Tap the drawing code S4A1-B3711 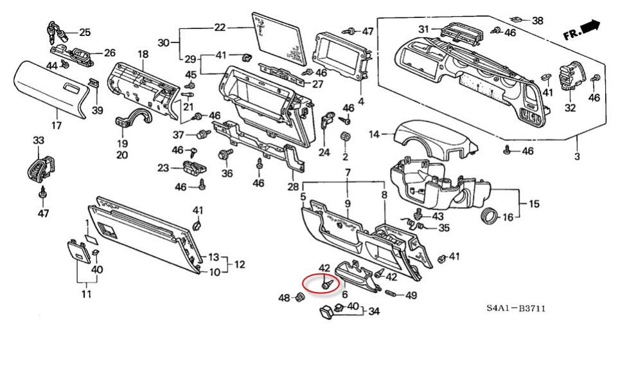point(516,309)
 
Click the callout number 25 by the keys point(84,32)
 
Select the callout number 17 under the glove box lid point(57,125)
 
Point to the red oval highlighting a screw point(322,282)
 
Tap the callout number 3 point(576,157)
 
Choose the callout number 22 point(220,28)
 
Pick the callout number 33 point(39,141)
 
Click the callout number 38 point(537,21)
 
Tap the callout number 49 point(411,296)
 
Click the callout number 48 point(284,297)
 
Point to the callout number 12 point(239,264)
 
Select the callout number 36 point(227,173)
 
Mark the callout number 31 point(423,30)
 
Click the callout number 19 point(122,143)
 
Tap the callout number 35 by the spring point(444,228)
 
